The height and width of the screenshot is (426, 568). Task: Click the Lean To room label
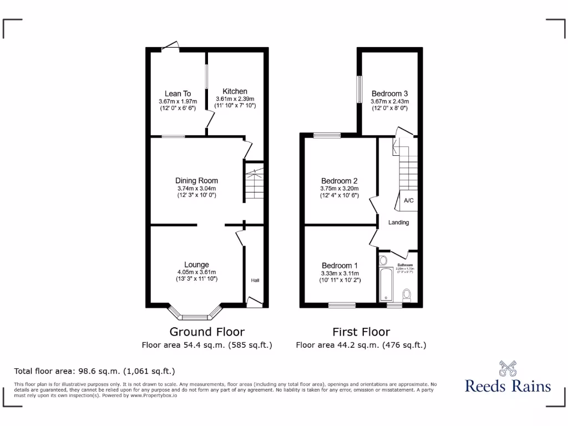click(177, 94)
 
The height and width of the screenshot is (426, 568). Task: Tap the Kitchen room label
click(235, 92)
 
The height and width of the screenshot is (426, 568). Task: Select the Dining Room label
click(196, 181)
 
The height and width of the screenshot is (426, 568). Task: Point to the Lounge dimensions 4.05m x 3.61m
click(196, 272)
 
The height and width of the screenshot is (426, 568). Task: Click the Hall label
click(255, 281)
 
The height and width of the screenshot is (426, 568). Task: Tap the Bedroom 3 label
click(389, 94)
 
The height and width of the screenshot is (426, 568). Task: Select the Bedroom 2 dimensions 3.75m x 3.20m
click(339, 188)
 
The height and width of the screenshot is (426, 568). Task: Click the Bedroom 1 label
click(339, 266)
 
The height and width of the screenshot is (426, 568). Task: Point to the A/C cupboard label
click(409, 201)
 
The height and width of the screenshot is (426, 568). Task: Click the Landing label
click(398, 222)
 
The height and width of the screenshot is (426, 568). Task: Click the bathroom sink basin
click(384, 260)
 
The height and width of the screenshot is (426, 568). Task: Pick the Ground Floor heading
click(206, 332)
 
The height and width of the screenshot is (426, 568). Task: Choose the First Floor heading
click(361, 332)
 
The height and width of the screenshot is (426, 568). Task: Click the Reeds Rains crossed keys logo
click(508, 368)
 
